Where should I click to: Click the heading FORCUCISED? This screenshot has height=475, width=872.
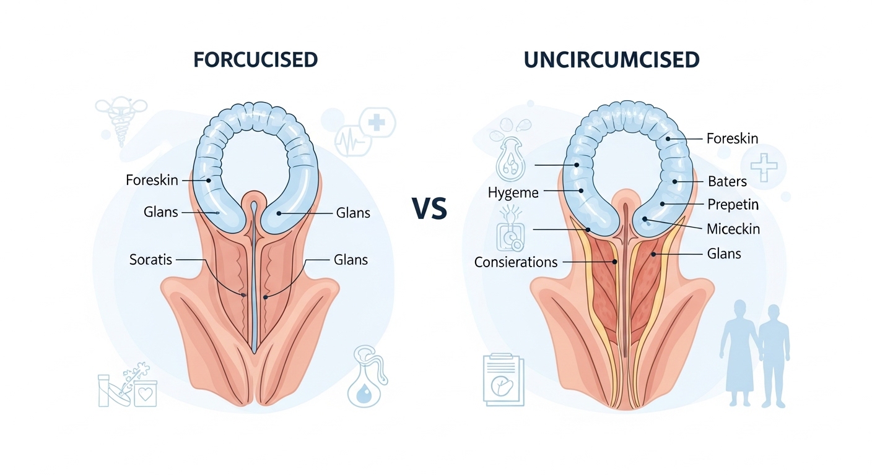tap(255, 60)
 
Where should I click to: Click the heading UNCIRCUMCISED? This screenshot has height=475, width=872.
tap(611, 60)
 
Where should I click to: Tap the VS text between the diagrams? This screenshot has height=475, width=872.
tap(429, 208)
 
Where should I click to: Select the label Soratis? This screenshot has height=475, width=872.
tap(150, 260)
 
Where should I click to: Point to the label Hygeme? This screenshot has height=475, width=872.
tap(513, 193)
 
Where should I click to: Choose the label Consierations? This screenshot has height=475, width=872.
tap(516, 262)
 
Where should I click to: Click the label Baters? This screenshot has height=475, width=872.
tap(727, 181)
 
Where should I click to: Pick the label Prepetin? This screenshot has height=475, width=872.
tap(733, 205)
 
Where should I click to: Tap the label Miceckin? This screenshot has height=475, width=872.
tap(733, 229)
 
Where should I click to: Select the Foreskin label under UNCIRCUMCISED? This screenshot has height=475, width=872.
tap(732, 139)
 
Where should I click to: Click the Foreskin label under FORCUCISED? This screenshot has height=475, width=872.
tap(152, 180)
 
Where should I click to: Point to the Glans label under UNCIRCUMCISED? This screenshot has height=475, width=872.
tap(724, 254)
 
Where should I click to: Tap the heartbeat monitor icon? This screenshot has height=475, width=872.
tap(352, 141)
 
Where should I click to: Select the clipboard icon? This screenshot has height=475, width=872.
tap(503, 380)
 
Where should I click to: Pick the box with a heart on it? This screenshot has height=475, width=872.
tap(145, 393)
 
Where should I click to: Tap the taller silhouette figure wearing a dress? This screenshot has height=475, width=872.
tap(737, 353)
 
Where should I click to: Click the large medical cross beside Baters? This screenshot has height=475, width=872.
tap(764, 168)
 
